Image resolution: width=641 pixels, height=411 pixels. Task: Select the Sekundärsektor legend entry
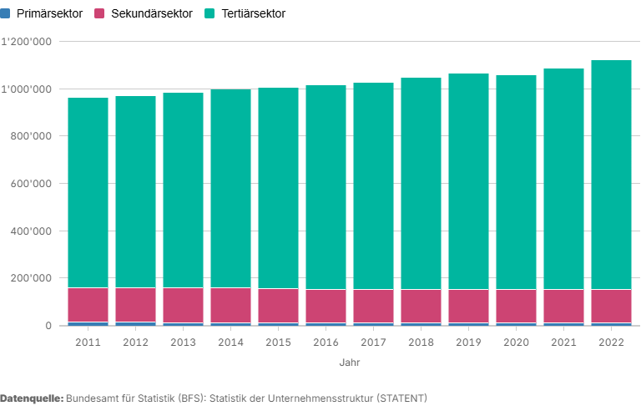tap(151, 14)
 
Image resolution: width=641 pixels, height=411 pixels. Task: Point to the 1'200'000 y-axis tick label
tap(27, 43)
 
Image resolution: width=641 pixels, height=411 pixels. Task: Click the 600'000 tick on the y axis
tap(32, 184)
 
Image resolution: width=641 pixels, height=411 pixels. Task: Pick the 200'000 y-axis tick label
tap(32, 278)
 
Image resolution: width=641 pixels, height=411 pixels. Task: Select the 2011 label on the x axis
tap(88, 342)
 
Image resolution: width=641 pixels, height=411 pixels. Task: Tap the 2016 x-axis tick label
tap(326, 342)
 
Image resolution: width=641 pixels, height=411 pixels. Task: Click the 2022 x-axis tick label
tap(611, 342)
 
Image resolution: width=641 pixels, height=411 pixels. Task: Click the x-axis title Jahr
tap(350, 363)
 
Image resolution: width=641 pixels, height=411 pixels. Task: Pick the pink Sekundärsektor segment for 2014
tap(230, 305)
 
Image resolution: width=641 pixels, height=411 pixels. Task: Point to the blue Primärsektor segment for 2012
tap(135, 323)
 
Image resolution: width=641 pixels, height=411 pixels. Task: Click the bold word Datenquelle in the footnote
tap(32, 398)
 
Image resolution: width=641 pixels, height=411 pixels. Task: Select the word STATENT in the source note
tap(397, 398)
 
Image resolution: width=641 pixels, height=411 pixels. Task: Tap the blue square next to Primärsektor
tap(8, 14)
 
